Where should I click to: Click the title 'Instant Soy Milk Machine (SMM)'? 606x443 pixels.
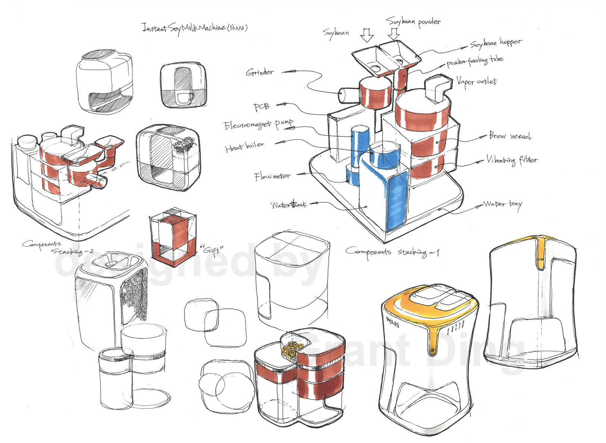[194, 28]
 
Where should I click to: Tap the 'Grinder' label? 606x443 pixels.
[260, 72]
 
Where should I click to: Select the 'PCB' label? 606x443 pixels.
[261, 107]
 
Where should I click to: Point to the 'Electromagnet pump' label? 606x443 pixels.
[258, 125]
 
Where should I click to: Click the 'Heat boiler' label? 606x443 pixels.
[245, 147]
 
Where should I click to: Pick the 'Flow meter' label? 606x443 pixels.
[272, 176]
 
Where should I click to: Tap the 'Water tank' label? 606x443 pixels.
[289, 205]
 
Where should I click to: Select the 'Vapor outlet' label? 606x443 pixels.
[477, 82]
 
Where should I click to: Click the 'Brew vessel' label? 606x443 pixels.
[510, 136]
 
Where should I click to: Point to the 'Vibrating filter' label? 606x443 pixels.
[512, 160]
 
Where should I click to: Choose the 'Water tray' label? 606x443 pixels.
[502, 204]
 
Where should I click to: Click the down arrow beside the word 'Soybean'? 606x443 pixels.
[367, 35]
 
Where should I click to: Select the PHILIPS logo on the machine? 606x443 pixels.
[393, 322]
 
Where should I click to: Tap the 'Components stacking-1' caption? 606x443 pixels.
[392, 252]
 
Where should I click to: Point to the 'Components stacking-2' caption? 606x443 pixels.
[56, 248]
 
